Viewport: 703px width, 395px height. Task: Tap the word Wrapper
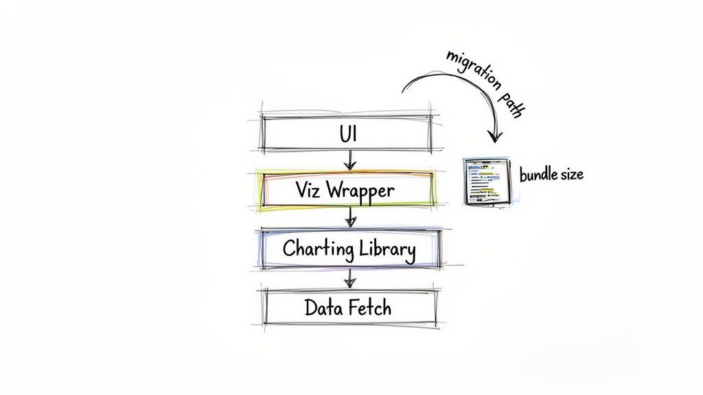click(x=362, y=191)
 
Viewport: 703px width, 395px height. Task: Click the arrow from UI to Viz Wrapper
click(x=350, y=160)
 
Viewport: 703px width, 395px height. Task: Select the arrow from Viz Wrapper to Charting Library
click(x=351, y=218)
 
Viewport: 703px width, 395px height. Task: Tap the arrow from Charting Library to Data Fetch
click(x=350, y=278)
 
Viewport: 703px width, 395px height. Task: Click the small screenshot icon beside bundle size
click(x=489, y=181)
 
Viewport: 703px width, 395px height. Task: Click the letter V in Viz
click(x=301, y=191)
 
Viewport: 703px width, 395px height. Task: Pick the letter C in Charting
click(x=289, y=249)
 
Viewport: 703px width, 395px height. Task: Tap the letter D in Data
click(x=310, y=308)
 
